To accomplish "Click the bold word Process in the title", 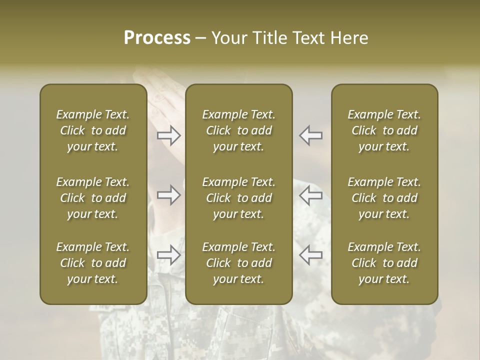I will tap(157, 38).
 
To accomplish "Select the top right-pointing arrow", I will tap(169, 135).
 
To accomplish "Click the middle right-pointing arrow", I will tap(169, 195).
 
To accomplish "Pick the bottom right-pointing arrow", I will tap(169, 254).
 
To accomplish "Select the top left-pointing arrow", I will tap(310, 135).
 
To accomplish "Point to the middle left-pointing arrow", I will tap(310, 195).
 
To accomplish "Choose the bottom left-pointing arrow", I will tap(310, 254).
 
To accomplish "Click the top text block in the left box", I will tap(93, 130).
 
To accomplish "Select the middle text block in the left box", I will tap(93, 198).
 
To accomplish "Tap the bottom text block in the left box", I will tap(93, 263).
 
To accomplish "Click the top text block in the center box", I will tap(238, 130).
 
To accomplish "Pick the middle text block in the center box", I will tap(238, 198).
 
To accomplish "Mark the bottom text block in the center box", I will tap(238, 263).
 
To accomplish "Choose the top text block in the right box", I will tap(384, 130).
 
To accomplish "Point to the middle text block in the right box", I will tap(384, 198).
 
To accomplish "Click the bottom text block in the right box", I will tap(384, 263).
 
